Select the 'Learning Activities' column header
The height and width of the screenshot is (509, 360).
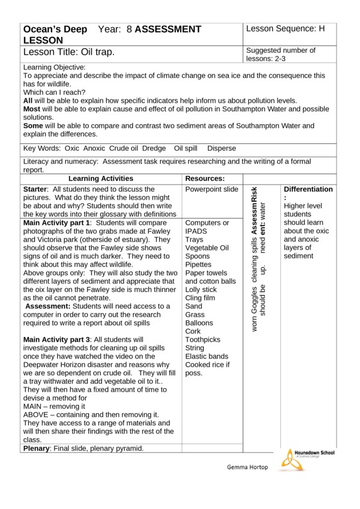click(101, 179)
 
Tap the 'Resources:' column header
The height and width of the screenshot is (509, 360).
click(205, 179)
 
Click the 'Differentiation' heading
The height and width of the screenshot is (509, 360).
click(308, 189)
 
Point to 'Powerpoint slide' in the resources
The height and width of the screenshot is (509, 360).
click(212, 189)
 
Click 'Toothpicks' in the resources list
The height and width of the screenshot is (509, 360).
click(204, 339)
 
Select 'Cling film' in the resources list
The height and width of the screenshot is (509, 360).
click(201, 298)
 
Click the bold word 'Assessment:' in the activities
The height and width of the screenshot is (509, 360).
click(47, 306)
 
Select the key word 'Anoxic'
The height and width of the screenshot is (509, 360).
click(95, 149)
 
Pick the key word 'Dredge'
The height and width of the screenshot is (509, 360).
click(154, 149)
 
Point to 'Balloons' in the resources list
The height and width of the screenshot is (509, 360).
click(199, 323)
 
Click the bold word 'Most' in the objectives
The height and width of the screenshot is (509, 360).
click(32, 109)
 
